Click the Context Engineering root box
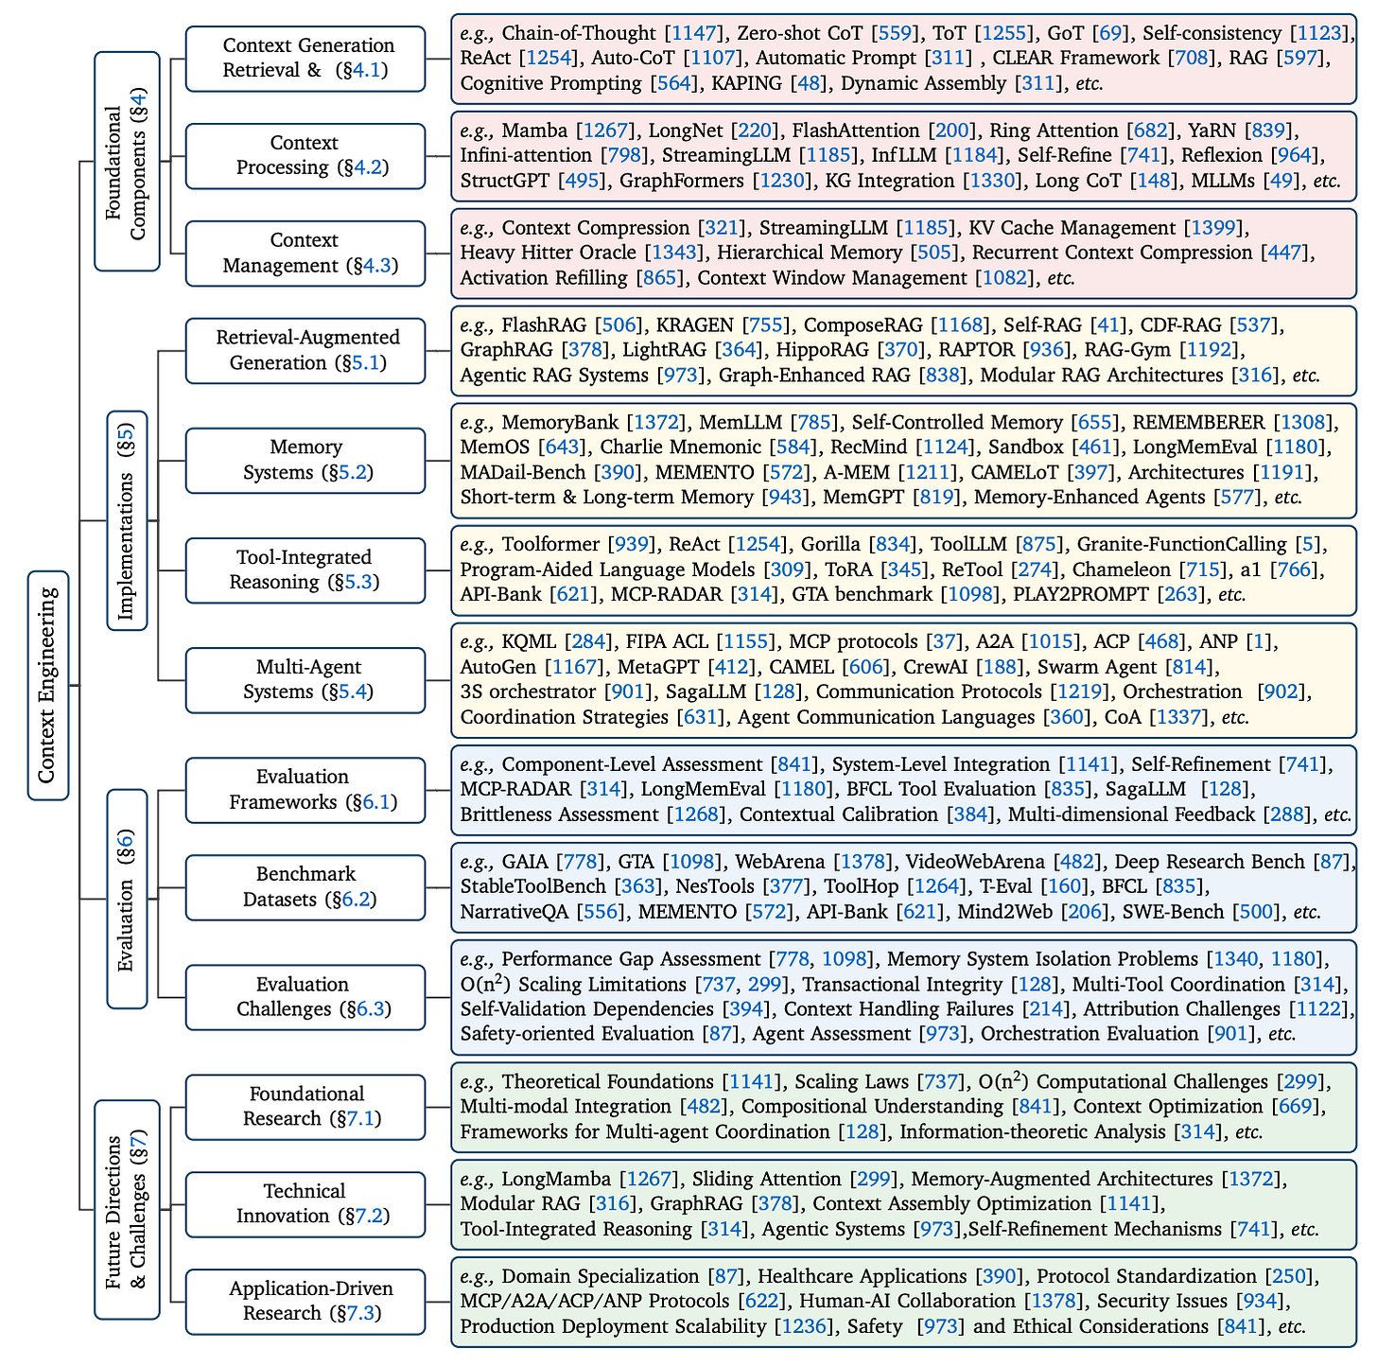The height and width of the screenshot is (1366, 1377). [x=48, y=685]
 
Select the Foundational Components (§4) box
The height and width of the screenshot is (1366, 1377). [x=127, y=161]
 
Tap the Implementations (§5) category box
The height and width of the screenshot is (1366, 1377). [x=127, y=519]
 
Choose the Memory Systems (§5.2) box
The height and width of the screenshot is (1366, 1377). [x=305, y=460]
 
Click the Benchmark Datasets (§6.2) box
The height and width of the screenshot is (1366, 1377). [x=305, y=887]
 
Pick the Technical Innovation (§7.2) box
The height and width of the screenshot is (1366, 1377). [x=305, y=1204]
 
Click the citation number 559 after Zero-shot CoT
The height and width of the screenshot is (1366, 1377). [x=896, y=33]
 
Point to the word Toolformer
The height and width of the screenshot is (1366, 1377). [x=550, y=545]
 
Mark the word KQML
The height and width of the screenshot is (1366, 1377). [x=529, y=642]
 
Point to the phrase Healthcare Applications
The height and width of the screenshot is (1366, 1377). [x=863, y=1277]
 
